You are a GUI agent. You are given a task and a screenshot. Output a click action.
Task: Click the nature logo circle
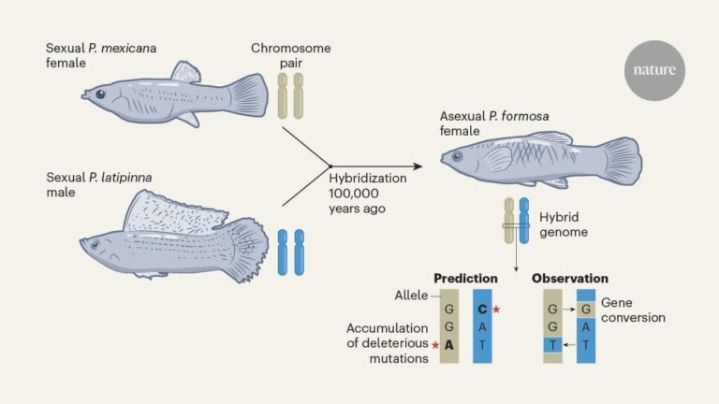tap(655, 71)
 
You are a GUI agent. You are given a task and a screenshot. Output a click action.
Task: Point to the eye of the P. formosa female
tap(457, 155)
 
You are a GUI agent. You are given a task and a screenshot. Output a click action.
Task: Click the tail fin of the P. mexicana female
tap(248, 95)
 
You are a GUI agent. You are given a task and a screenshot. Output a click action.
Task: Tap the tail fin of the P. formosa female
tap(620, 159)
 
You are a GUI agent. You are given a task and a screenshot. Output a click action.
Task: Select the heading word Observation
tap(570, 279)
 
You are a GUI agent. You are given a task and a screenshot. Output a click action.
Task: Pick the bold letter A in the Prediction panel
tap(449, 345)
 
